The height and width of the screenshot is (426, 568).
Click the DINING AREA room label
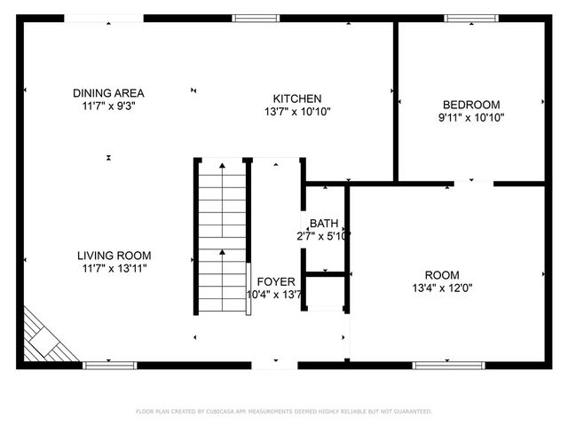109,93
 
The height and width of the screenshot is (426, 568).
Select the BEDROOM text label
470,104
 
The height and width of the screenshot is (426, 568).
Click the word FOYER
276,281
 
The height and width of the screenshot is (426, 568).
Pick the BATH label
323,223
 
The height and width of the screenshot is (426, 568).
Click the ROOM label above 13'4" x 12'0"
442,274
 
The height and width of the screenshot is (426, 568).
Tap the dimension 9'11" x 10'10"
470,117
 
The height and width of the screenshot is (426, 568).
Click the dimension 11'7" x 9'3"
109,106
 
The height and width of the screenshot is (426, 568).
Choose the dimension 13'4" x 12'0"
442,288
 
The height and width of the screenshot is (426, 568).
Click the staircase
220,238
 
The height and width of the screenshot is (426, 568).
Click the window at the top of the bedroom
471,18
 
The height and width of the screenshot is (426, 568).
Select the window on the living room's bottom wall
109,364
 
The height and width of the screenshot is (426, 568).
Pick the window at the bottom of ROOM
441,364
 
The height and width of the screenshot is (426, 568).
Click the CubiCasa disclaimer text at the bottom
284,411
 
